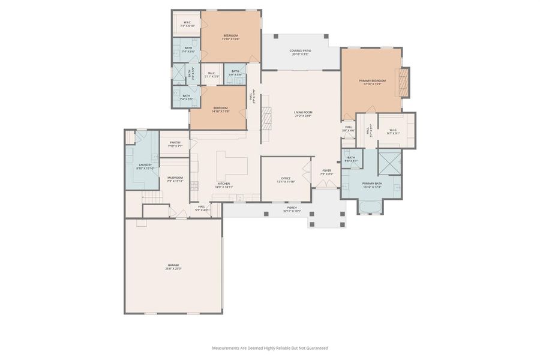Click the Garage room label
(173, 265)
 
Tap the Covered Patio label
(299, 50)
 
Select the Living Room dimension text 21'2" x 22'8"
(303, 116)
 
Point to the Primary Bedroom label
(373, 80)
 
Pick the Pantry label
(175, 142)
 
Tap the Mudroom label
(175, 178)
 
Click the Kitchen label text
(224, 184)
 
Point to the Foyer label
(326, 170)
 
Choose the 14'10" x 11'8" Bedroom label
(220, 108)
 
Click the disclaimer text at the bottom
(270, 348)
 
